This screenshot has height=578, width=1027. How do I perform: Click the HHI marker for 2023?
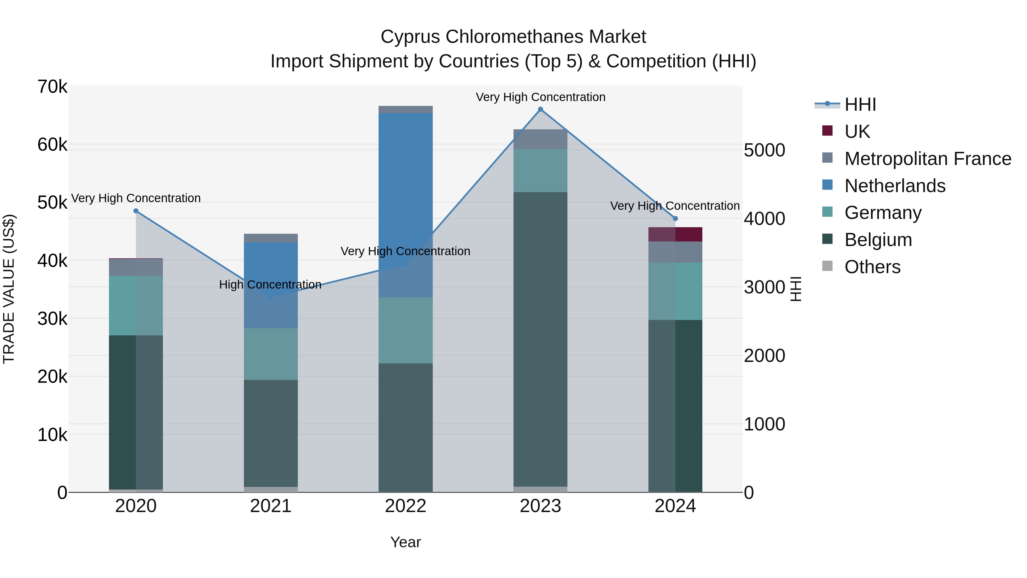pos(541,109)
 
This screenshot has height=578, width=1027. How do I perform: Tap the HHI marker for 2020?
pos(136,211)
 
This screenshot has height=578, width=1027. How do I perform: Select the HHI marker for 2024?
pos(675,219)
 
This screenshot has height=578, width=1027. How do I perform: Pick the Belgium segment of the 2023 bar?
pos(540,339)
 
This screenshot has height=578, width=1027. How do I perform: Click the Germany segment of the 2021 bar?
pos(271,354)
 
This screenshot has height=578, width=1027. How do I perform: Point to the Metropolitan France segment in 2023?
pos(540,139)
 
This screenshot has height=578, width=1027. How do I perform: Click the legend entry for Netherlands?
pos(895,186)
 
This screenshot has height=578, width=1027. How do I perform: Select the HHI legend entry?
pos(860,104)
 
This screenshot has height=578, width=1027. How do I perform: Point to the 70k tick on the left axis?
pos(52,87)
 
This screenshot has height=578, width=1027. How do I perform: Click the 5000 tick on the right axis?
pos(764,150)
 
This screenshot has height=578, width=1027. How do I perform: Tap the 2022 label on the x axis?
pos(405,506)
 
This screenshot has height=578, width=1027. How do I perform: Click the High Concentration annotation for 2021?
pos(270,285)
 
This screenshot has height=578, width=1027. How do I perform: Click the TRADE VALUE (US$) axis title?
pos(9,289)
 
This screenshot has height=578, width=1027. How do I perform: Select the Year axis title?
pos(405,542)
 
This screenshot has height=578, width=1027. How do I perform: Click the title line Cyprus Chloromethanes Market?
pos(513,37)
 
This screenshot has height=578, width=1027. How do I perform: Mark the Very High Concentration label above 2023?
pos(541,97)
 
